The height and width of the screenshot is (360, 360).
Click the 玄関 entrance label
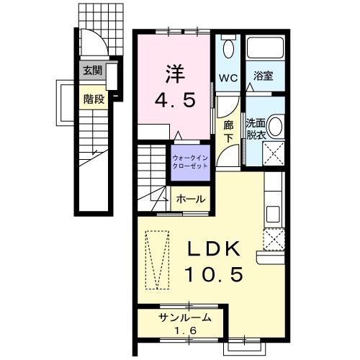(x=91, y=71)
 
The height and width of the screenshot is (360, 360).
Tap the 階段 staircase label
(x=94, y=99)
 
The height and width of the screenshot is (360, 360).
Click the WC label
(x=228, y=77)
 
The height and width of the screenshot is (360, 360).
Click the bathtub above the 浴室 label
(x=264, y=50)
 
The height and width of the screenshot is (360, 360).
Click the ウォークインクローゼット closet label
(x=191, y=160)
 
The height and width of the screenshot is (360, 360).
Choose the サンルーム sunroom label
(x=185, y=318)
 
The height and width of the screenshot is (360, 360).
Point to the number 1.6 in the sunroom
(x=186, y=331)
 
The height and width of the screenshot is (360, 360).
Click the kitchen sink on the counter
(x=273, y=214)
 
